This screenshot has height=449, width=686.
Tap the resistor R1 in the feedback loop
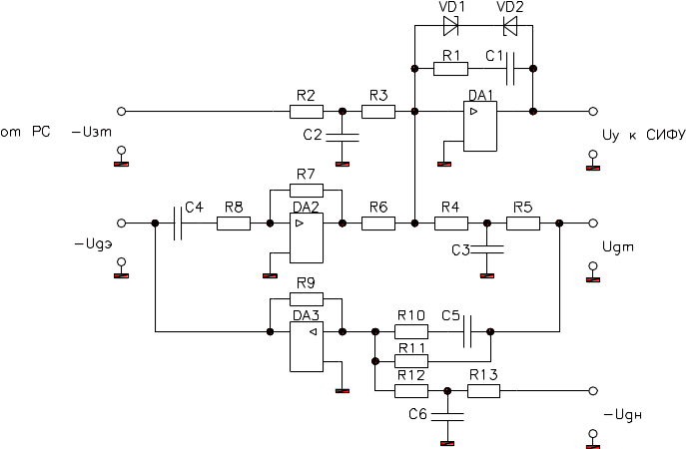coord(449,70)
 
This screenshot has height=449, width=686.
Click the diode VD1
coord(450,25)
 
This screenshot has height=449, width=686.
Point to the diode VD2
coord(509,25)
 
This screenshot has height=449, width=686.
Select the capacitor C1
coord(510,70)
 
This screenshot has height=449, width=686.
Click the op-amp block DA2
coord(305,231)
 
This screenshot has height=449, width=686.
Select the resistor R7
coord(306,190)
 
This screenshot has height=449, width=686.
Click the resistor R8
coord(234,224)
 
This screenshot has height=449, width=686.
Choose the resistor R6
coord(377,224)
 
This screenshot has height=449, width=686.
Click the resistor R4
coord(451,224)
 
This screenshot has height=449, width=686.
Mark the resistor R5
coord(523,224)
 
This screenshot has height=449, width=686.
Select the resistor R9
coord(306,298)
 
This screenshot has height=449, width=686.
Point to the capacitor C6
coord(447,412)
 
